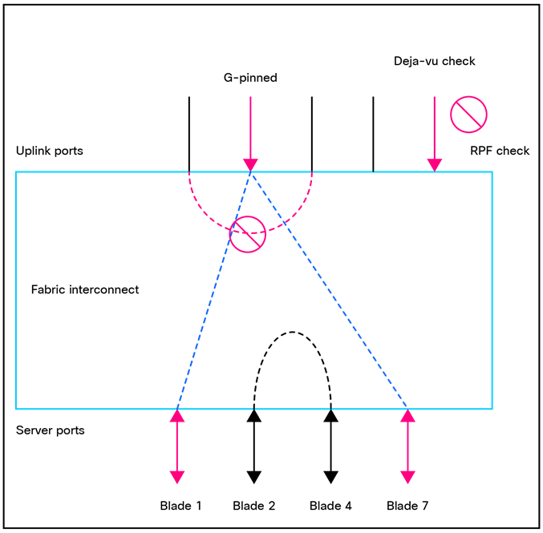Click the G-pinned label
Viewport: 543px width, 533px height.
[x=250, y=79]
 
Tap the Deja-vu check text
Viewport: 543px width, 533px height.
[x=434, y=62]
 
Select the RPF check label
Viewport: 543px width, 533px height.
[x=500, y=151]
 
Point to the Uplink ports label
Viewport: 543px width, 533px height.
[x=49, y=151]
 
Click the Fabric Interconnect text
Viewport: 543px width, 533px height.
[x=84, y=289]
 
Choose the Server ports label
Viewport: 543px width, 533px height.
[x=50, y=430]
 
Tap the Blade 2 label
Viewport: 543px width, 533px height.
[x=253, y=506]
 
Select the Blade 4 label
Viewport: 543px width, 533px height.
[x=330, y=506]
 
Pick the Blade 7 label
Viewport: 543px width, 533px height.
[x=407, y=506]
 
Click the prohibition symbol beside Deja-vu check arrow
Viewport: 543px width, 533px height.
[x=469, y=114]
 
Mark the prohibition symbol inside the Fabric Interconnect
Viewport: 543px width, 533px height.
[x=248, y=233]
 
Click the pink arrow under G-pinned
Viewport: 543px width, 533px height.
[x=250, y=132]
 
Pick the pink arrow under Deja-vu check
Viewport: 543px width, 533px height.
[x=434, y=132]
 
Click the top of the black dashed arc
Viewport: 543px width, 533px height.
[x=292, y=332]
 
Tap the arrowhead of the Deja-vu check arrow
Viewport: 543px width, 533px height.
[x=434, y=164]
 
